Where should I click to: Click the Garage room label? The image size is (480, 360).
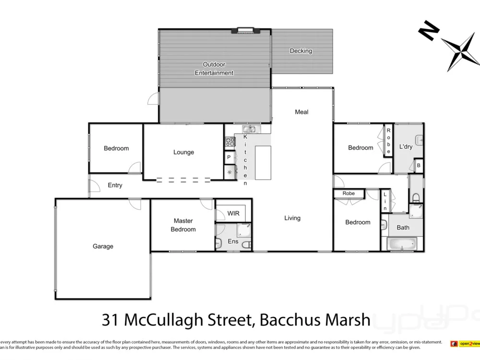[x=103, y=246]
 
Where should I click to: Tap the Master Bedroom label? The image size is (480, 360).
[x=183, y=225]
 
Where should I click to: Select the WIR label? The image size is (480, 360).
[x=233, y=214]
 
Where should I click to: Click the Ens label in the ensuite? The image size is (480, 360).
[x=232, y=241]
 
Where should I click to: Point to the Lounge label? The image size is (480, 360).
[x=183, y=152]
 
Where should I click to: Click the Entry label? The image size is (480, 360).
[x=115, y=185]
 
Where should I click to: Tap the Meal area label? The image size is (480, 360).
[x=301, y=112]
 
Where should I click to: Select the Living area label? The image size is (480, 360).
[x=292, y=218]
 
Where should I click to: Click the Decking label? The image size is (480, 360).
[x=300, y=51]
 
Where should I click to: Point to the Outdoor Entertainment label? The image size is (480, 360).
[x=214, y=69]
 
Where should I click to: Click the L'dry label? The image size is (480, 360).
[x=406, y=147]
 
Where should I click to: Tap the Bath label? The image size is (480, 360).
[x=403, y=228]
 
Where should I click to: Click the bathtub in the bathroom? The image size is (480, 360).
[x=402, y=244]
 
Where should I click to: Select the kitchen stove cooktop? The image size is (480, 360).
[x=230, y=142]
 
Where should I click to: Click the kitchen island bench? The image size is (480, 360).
[x=263, y=163]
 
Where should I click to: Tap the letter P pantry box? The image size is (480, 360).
[x=229, y=157]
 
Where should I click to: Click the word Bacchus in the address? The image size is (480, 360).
[x=287, y=319]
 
